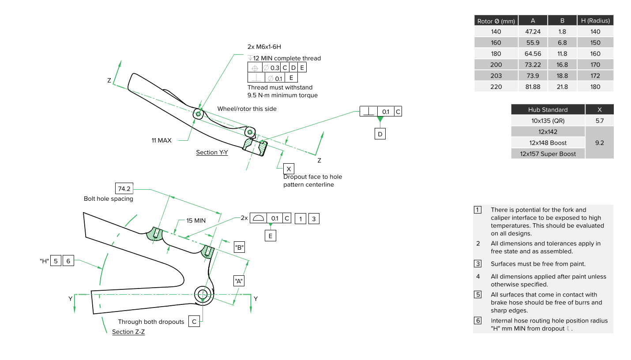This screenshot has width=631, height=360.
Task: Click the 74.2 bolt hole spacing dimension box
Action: (x=124, y=188)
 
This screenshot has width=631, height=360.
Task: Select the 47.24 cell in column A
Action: (x=533, y=32)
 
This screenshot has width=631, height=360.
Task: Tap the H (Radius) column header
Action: (x=595, y=21)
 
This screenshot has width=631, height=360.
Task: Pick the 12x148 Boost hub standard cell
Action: (x=548, y=143)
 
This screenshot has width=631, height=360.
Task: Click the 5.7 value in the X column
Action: (x=599, y=120)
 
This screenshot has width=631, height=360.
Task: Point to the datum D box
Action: (x=380, y=134)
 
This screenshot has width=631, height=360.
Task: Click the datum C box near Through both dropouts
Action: (x=194, y=322)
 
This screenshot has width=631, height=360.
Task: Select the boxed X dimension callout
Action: (x=289, y=169)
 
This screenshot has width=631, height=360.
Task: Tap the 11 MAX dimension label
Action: (x=162, y=140)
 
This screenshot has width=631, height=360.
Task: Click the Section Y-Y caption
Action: (x=212, y=152)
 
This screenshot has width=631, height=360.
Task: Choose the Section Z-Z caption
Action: (x=128, y=332)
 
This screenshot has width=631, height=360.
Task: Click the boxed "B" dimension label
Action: (x=240, y=247)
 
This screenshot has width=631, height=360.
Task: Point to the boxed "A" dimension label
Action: (x=239, y=281)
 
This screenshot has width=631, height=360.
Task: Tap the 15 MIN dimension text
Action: (x=196, y=221)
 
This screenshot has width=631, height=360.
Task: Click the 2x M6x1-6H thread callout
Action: (x=264, y=47)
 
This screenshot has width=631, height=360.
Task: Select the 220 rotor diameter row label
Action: (x=496, y=87)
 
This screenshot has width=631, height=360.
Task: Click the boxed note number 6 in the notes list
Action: (x=478, y=321)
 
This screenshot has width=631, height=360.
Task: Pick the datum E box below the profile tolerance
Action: (x=270, y=236)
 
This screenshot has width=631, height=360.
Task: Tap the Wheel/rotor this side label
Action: (x=247, y=109)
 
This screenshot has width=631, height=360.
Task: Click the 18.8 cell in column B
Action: (x=562, y=76)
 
